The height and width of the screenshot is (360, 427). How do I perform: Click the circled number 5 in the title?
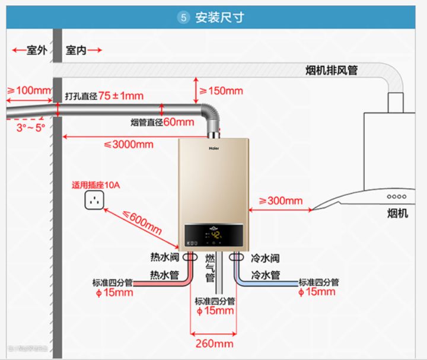(x=183, y=18)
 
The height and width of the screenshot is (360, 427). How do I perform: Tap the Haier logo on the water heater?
(x=213, y=144)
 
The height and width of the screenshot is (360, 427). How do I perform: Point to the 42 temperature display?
(x=216, y=234)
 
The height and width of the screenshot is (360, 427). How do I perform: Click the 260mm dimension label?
(x=214, y=343)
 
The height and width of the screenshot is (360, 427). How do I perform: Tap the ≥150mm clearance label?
(x=221, y=91)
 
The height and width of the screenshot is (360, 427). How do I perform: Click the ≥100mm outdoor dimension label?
(x=29, y=91)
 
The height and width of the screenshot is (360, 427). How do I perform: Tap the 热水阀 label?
(x=164, y=258)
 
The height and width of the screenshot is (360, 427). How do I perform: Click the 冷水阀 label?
(x=265, y=258)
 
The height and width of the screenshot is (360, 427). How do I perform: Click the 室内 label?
(x=76, y=50)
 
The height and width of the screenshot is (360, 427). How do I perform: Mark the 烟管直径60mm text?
(x=162, y=123)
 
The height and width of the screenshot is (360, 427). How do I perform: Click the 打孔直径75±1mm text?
(x=104, y=95)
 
